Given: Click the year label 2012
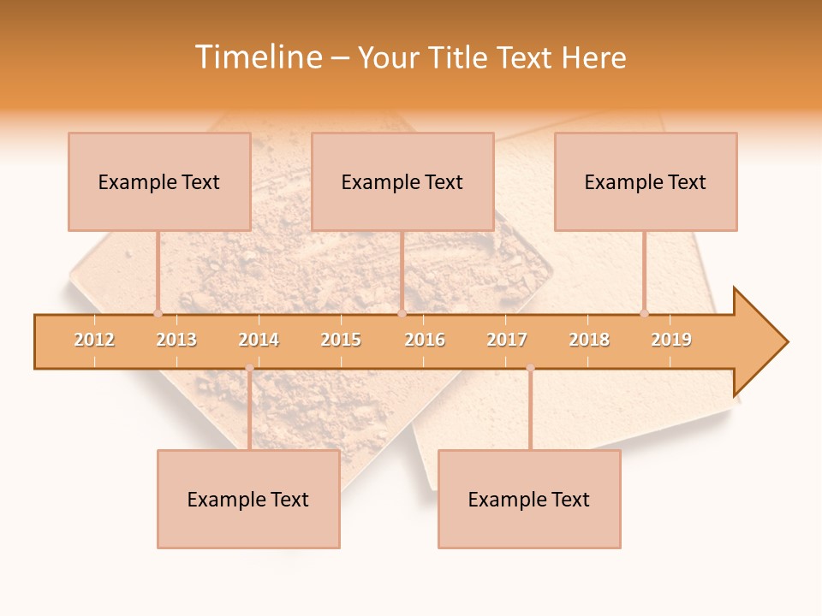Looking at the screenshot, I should pyautogui.click(x=94, y=340).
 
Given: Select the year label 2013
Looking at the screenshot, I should pyautogui.click(x=176, y=340).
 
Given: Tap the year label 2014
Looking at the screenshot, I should pyautogui.click(x=259, y=340).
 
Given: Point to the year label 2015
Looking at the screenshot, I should pyautogui.click(x=341, y=340).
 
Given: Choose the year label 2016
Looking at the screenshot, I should pyautogui.click(x=425, y=340).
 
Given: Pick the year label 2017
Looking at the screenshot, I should pyautogui.click(x=507, y=340).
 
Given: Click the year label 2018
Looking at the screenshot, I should pyautogui.click(x=589, y=340).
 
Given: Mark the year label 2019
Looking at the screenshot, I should pyautogui.click(x=671, y=340).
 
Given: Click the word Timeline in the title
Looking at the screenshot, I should pyautogui.click(x=258, y=57).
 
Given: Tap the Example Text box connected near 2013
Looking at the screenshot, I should pyautogui.click(x=159, y=181).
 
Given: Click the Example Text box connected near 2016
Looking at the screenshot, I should pyautogui.click(x=402, y=181).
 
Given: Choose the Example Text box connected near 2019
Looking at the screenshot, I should pyautogui.click(x=646, y=181).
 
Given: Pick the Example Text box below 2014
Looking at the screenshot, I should pyautogui.click(x=248, y=499).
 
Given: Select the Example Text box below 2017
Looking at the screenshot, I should pyautogui.click(x=529, y=499).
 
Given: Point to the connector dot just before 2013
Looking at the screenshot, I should pyautogui.click(x=158, y=313).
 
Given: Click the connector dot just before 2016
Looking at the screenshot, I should pyautogui.click(x=402, y=313).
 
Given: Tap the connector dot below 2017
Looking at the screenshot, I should pyautogui.click(x=530, y=368).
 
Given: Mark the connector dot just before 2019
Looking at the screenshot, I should pyautogui.click(x=644, y=313).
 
